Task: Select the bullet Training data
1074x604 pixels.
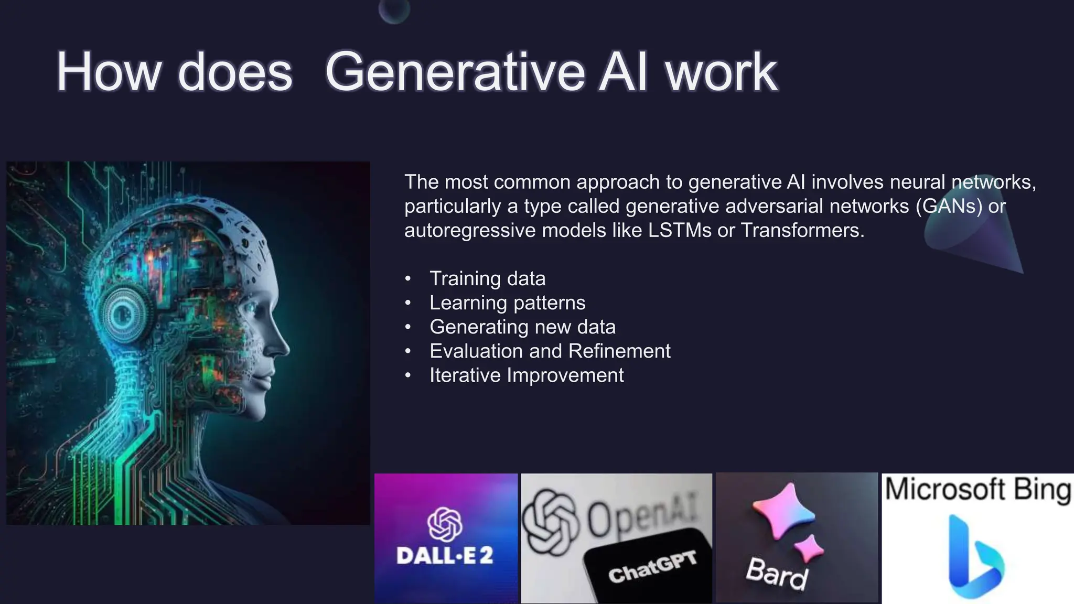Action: [488, 278]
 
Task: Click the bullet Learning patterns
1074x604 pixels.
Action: [508, 303]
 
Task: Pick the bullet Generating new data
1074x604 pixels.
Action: [522, 327]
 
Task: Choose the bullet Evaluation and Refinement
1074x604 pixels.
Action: [550, 351]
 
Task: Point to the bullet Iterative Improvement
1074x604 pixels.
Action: [527, 375]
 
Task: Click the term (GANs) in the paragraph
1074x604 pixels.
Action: [949, 206]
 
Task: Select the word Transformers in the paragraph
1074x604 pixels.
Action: [802, 230]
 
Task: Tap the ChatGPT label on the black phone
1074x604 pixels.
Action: [653, 567]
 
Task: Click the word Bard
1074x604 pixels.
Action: [777, 574]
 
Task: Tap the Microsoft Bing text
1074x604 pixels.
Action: [978, 490]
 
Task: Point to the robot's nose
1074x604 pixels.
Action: [281, 346]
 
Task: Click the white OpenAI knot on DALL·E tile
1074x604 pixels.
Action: [445, 524]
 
